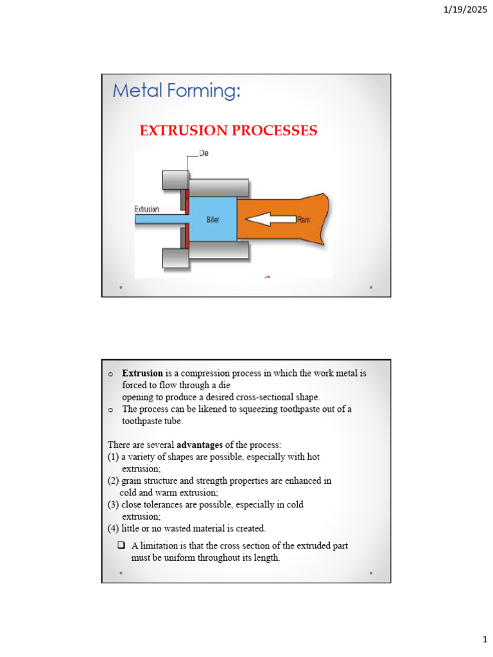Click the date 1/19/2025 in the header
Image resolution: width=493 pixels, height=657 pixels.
[465, 9]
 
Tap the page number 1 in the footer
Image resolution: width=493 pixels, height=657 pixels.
[485, 640]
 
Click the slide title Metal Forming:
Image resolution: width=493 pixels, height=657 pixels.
[177, 90]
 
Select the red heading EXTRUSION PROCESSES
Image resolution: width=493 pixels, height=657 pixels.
[229, 130]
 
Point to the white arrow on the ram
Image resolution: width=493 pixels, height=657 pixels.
[270, 219]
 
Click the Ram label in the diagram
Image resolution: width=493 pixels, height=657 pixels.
[304, 219]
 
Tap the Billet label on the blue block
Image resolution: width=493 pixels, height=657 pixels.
[212, 219]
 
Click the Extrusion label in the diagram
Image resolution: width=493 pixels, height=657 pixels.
[147, 209]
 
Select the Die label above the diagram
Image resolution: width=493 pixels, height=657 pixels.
[203, 153]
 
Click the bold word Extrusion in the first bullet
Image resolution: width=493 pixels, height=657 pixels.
[142, 373]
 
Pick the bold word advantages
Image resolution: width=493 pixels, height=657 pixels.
[200, 445]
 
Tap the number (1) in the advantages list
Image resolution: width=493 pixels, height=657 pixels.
[113, 457]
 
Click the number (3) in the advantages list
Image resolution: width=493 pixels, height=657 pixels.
[113, 504]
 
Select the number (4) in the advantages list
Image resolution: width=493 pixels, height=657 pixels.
[113, 529]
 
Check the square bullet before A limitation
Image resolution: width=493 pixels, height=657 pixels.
[121, 545]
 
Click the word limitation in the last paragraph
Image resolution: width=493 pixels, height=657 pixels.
[159, 545]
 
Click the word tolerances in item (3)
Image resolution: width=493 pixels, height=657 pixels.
[163, 504]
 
